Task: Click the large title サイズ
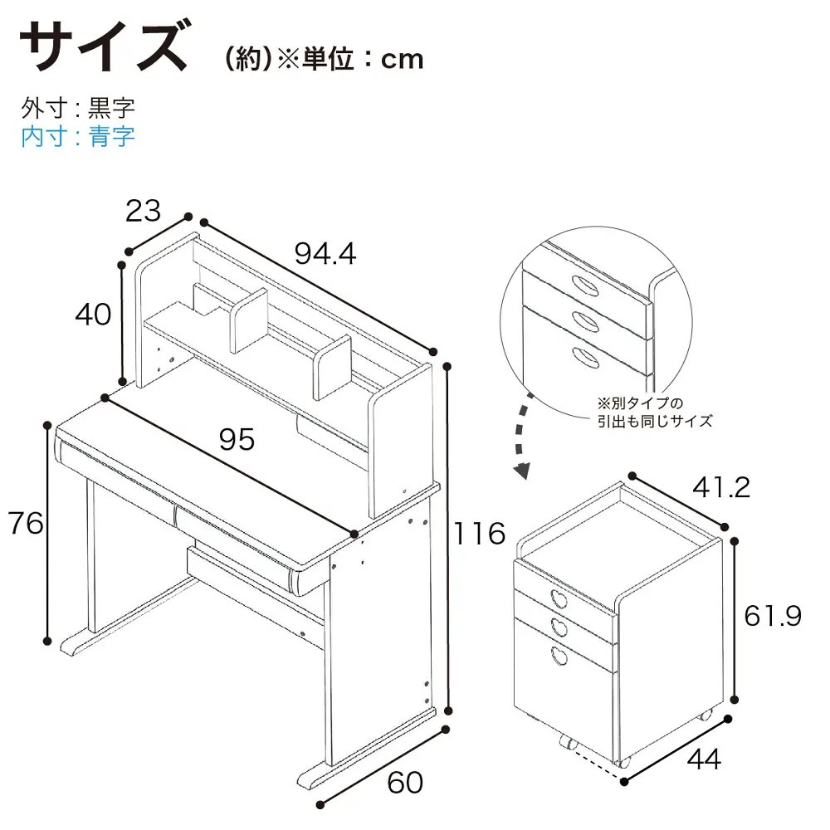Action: pos(104,46)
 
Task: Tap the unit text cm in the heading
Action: pos(403,59)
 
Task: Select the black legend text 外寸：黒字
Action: pos(78,108)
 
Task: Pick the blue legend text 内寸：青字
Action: pos(78,136)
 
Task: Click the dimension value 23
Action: pos(143,211)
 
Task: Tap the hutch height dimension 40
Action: pos(93,314)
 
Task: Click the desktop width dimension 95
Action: pos(237,439)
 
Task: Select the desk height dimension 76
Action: pos(26,523)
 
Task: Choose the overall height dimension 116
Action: pos(480,533)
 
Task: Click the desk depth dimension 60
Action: pos(406,783)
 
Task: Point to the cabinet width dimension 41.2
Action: pos(721,487)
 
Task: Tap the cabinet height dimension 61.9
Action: pos(773,616)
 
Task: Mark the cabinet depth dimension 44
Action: pos(704,759)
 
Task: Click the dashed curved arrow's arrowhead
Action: pos(523,470)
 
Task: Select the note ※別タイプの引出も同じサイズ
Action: pos(655,413)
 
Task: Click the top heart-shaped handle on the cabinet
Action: pos(559,599)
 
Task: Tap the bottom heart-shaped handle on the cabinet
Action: pos(559,656)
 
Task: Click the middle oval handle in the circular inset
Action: pos(585,320)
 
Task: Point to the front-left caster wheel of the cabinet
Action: pos(569,742)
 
